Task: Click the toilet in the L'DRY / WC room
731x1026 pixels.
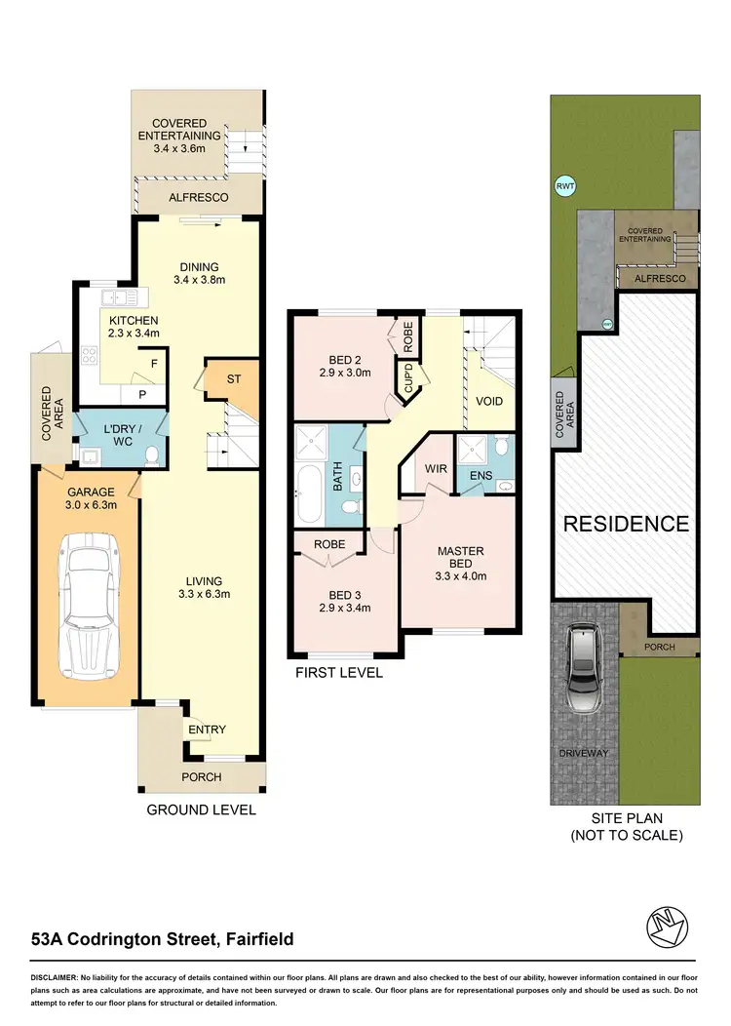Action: tap(150, 454)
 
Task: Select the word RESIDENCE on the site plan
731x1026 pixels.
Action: tap(627, 524)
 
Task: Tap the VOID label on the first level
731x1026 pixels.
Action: tap(489, 400)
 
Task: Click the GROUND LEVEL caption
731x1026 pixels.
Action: tap(201, 809)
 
